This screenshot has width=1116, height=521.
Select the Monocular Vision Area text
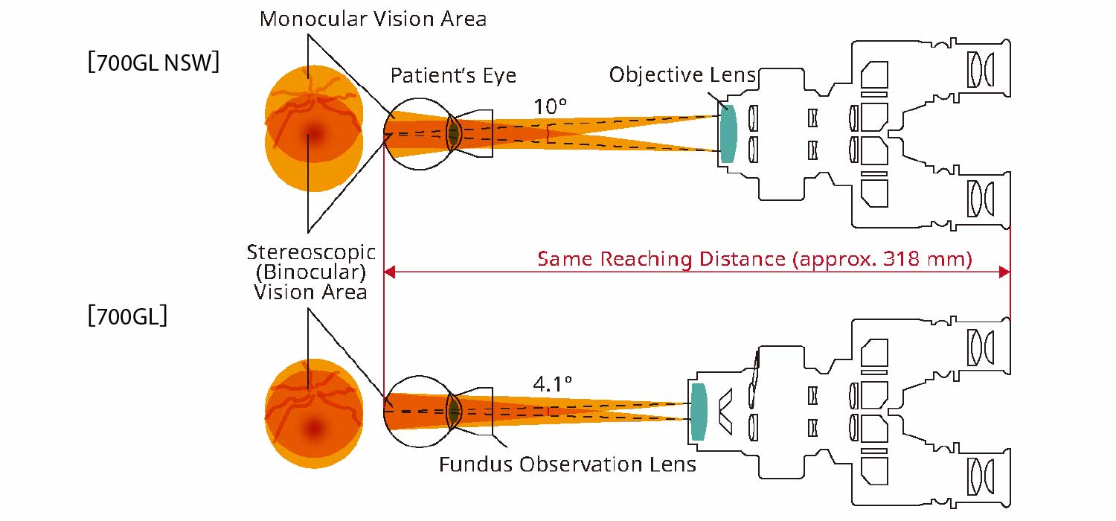373,19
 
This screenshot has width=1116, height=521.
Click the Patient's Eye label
453,75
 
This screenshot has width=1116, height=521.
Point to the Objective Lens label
682,74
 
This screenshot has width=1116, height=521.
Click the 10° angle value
550,106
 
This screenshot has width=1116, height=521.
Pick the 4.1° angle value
552,384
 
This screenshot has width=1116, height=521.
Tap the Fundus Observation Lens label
567,465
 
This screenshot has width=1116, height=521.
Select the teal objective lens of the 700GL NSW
728,133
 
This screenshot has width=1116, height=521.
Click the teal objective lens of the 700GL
698,410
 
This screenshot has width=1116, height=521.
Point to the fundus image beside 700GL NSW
314,134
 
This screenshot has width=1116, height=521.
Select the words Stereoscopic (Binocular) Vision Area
310,272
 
